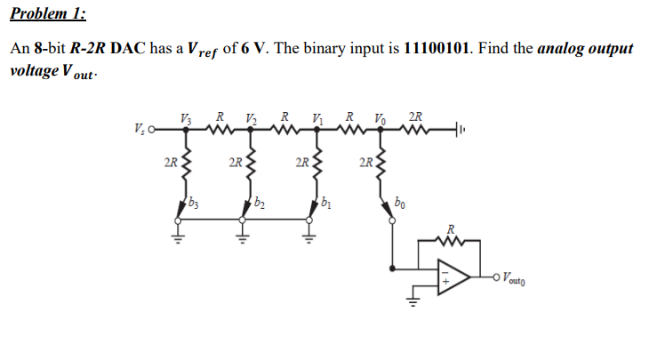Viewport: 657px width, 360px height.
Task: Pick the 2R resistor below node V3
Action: (x=186, y=165)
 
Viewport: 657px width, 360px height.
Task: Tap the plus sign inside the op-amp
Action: (x=445, y=285)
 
